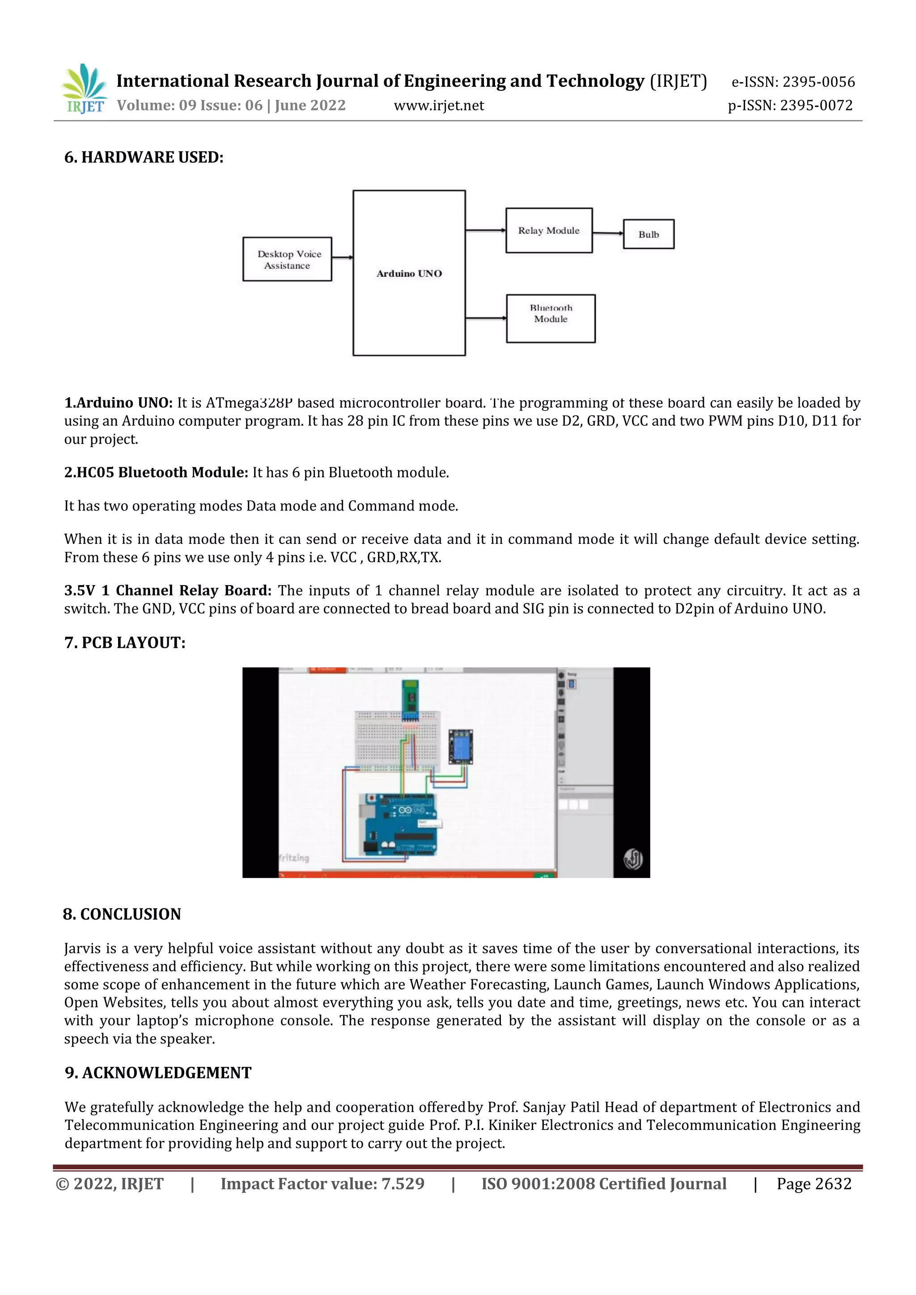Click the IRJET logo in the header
coord(85,89)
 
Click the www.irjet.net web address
coord(439,106)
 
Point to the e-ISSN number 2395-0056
coord(818,82)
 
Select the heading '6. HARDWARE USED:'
coord(144,157)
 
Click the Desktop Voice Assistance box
coord(287,259)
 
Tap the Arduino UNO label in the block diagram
coord(409,274)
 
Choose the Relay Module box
coord(549,231)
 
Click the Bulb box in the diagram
coord(649,234)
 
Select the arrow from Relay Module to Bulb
coord(608,233)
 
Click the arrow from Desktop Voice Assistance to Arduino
coord(342,257)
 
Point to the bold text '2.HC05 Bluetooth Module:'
coord(156,473)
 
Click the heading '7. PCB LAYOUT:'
coord(125,643)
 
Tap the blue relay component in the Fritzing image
coord(460,746)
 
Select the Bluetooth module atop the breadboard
coord(410,700)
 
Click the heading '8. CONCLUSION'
coord(122,914)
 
